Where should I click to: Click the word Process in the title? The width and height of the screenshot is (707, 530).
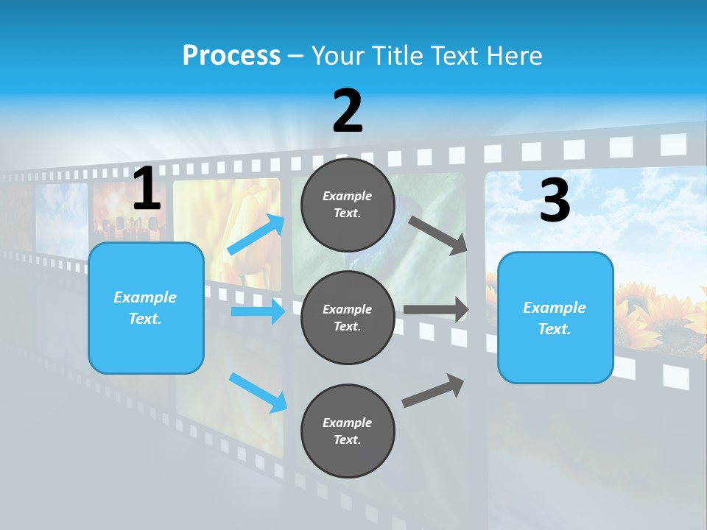pyautogui.click(x=231, y=56)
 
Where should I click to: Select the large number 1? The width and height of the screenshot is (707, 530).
pyautogui.click(x=147, y=189)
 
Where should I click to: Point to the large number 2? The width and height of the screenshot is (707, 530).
pyautogui.click(x=348, y=111)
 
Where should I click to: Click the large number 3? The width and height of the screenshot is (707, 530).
pyautogui.click(x=555, y=201)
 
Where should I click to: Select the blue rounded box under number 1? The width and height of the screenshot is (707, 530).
pyautogui.click(x=146, y=308)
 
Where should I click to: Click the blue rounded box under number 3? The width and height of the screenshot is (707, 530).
pyautogui.click(x=555, y=317)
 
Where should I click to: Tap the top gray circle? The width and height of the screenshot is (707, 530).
pyautogui.click(x=348, y=205)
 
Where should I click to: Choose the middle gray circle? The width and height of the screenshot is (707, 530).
pyautogui.click(x=348, y=317)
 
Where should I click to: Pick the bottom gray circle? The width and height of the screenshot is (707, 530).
pyautogui.click(x=348, y=431)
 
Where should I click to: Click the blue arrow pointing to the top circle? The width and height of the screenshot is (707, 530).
pyautogui.click(x=256, y=234)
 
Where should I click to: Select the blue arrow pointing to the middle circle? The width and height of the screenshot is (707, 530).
pyautogui.click(x=258, y=311)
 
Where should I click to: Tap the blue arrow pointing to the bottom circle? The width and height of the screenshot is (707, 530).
pyautogui.click(x=258, y=392)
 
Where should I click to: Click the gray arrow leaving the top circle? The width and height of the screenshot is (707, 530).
pyautogui.click(x=438, y=235)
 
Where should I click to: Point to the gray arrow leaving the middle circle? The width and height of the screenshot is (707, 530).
pyautogui.click(x=436, y=310)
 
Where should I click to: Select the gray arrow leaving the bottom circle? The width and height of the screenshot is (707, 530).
pyautogui.click(x=433, y=390)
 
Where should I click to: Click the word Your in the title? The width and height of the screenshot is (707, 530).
pyautogui.click(x=336, y=56)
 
